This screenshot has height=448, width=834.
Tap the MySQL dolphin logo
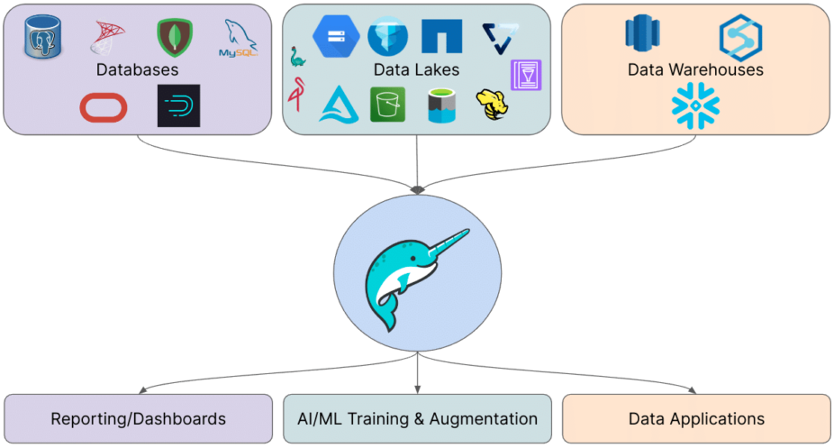(240, 39)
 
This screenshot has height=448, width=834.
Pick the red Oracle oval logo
(104, 107)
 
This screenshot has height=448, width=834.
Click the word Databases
(139, 69)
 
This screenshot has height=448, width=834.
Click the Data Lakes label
(416, 69)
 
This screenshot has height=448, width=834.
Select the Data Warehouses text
(695, 69)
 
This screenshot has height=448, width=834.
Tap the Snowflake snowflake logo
(695, 105)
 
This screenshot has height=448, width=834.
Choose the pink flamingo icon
(295, 95)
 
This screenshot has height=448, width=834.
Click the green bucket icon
(387, 105)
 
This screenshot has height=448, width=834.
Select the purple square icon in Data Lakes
(526, 75)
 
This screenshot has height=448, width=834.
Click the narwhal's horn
(446, 242)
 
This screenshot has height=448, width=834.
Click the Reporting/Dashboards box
(138, 418)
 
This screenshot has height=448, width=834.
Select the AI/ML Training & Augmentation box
(417, 418)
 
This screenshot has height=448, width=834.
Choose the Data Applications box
(696, 418)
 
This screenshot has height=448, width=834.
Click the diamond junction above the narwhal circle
(417, 189)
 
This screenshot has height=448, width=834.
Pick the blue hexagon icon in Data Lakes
(335, 36)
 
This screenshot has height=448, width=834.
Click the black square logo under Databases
(178, 106)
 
